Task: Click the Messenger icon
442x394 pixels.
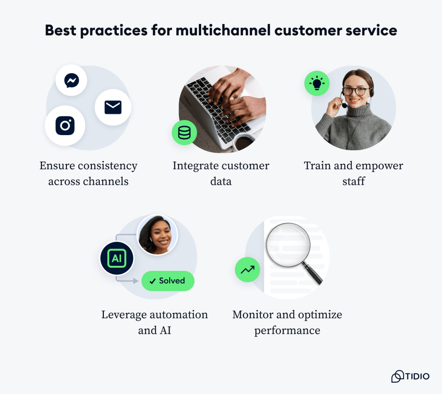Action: (71, 80)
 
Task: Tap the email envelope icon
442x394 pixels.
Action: (113, 107)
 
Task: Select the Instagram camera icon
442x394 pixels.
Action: (65, 126)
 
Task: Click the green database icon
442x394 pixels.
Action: (184, 133)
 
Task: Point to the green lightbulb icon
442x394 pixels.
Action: (317, 83)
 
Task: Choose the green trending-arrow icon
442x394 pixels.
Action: (248, 270)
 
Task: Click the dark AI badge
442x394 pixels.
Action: (117, 258)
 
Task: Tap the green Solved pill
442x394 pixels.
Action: (168, 281)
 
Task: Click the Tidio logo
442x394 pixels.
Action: (410, 376)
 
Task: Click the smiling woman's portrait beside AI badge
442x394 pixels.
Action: (157, 235)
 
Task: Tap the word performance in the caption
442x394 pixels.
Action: (287, 331)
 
